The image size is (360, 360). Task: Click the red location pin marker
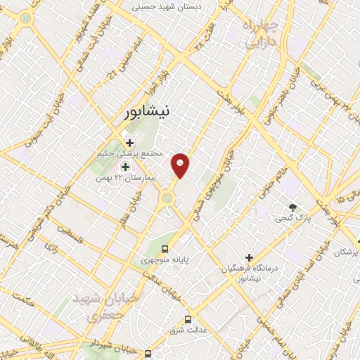coord(181,165)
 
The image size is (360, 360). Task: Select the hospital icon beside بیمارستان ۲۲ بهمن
coord(126,167)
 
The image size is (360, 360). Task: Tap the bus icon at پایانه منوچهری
coord(165,248)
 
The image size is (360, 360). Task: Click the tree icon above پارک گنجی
coord(293,207)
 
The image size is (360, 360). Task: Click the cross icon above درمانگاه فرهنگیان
coord(249,257)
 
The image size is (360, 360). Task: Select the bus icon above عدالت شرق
coord(187,319)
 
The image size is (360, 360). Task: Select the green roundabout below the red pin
coord(167,199)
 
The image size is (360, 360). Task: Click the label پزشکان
coord(347,251)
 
